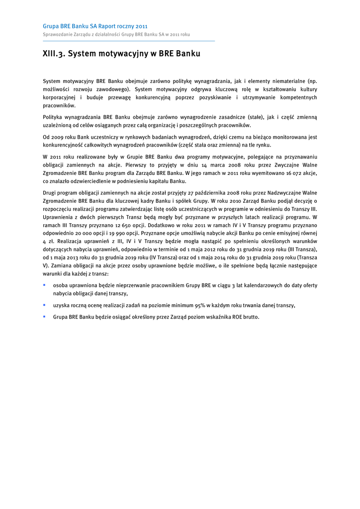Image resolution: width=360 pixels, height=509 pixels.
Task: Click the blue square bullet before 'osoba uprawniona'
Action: pos(44,285)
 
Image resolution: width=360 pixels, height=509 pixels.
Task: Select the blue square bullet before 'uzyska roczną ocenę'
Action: pos(44,305)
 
